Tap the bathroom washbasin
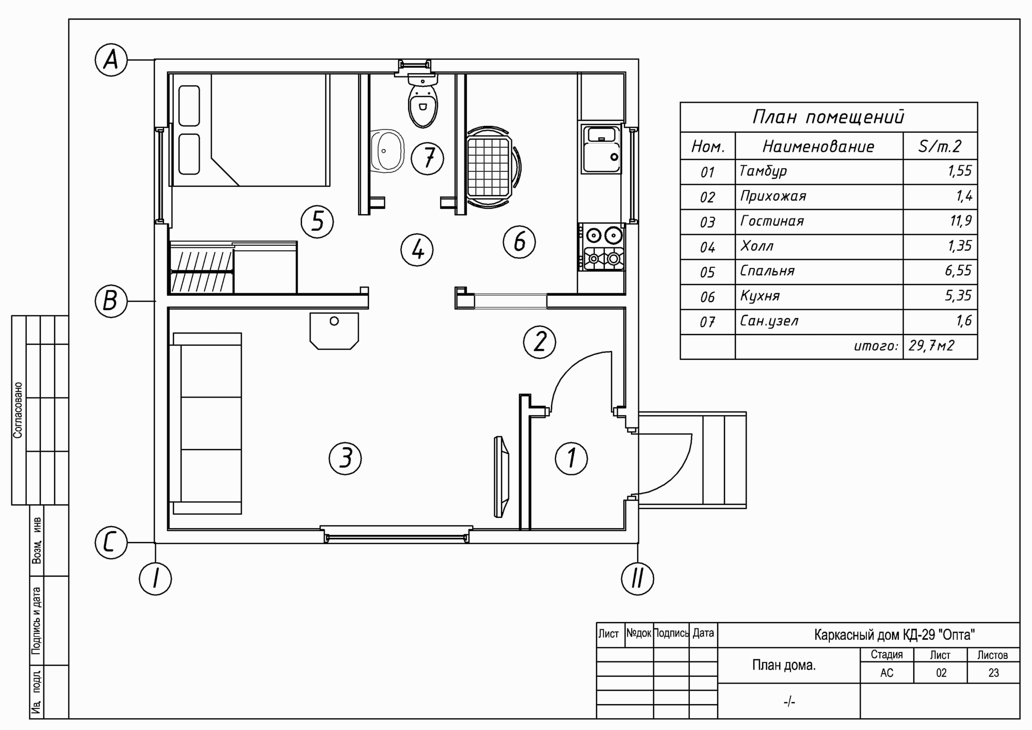pyautogui.click(x=387, y=150)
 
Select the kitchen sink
pyautogui.click(x=602, y=149)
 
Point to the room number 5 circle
pyautogui.click(x=317, y=222)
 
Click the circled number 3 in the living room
pyautogui.click(x=345, y=458)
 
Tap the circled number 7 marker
pyautogui.click(x=427, y=158)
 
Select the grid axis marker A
pyautogui.click(x=111, y=60)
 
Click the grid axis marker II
pyautogui.click(x=638, y=578)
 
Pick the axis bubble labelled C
pyautogui.click(x=111, y=543)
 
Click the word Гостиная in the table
pyautogui.click(x=772, y=221)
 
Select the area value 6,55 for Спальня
pyautogui.click(x=958, y=271)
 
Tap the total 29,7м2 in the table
pyautogui.click(x=931, y=346)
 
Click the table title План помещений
pyautogui.click(x=828, y=117)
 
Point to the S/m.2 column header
pyautogui.click(x=940, y=147)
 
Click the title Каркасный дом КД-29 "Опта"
pyautogui.click(x=894, y=634)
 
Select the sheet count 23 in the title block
pyautogui.click(x=993, y=673)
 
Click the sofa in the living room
pyautogui.click(x=205, y=423)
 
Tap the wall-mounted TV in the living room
pyautogui.click(x=501, y=477)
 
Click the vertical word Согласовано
pyautogui.click(x=18, y=410)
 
